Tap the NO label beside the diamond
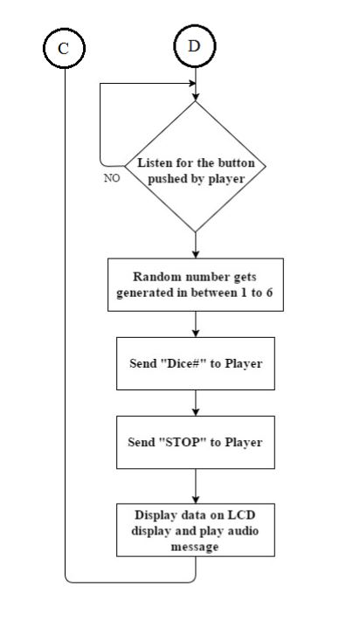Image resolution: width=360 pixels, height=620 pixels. [112, 178]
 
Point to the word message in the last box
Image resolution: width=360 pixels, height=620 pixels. [195, 547]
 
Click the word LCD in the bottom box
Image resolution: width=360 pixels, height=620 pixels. [241, 515]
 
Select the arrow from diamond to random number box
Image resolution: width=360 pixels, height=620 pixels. [196, 245]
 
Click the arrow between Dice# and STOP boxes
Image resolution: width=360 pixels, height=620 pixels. [196, 403]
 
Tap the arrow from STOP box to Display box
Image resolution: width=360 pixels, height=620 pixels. [196, 486]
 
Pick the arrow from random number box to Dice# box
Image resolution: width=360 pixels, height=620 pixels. [196, 324]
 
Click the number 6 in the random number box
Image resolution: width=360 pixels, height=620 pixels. [269, 293]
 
